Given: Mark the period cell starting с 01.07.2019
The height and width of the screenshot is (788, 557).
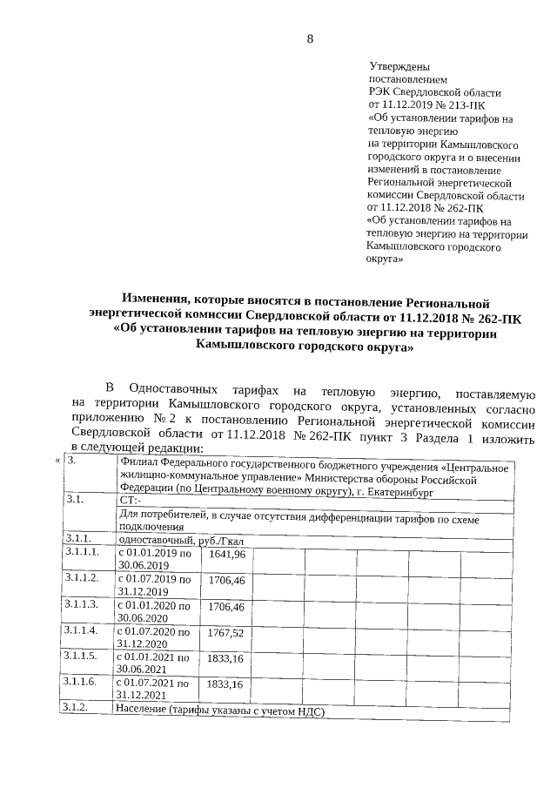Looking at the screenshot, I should click(154, 585).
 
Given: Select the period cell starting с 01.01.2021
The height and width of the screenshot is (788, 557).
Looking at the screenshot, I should click(153, 663).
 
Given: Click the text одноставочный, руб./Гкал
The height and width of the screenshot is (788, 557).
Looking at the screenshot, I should click(171, 541).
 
